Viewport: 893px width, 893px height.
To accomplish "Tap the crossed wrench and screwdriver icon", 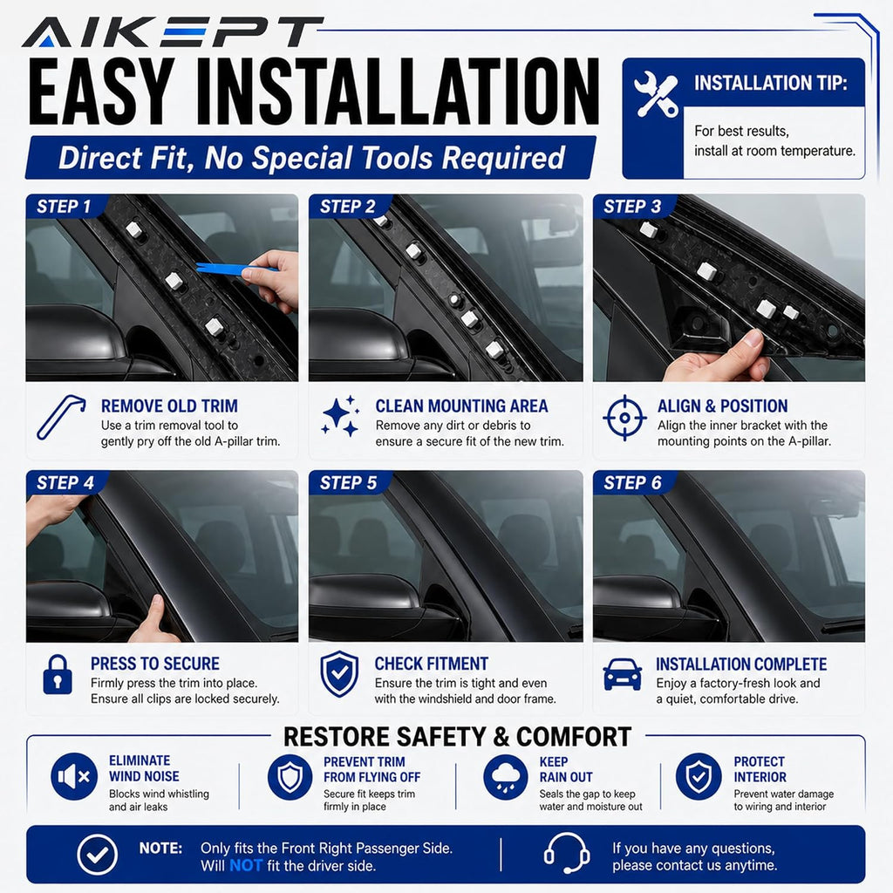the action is pos(656,94).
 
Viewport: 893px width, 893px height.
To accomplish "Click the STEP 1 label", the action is pos(64,206).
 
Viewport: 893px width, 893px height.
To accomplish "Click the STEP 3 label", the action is pos(632,206).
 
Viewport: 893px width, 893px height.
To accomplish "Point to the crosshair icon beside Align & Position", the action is pos(624,418).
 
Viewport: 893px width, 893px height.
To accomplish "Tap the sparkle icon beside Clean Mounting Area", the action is pos(341,416).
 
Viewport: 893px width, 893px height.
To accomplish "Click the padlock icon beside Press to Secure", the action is pos(58,674).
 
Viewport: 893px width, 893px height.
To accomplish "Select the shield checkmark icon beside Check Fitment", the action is pos(339,674).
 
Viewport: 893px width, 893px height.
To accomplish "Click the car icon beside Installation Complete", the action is pos(623,674).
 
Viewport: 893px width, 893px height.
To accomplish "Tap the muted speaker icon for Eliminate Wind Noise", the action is pos(74,776).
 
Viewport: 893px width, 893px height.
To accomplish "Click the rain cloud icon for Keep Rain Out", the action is pos(506,777).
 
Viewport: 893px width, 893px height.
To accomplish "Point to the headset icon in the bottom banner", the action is pos(566,853).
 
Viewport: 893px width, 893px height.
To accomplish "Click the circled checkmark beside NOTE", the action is pos(98,855).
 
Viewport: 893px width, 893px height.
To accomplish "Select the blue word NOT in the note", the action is pos(246,866).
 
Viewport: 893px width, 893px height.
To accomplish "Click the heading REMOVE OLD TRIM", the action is pos(170,406).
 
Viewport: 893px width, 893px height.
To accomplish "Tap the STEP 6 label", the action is pos(632,483).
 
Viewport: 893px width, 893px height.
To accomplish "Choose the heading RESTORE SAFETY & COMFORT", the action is pos(457,736).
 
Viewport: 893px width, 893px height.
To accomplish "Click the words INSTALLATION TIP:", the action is pos(771,83).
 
